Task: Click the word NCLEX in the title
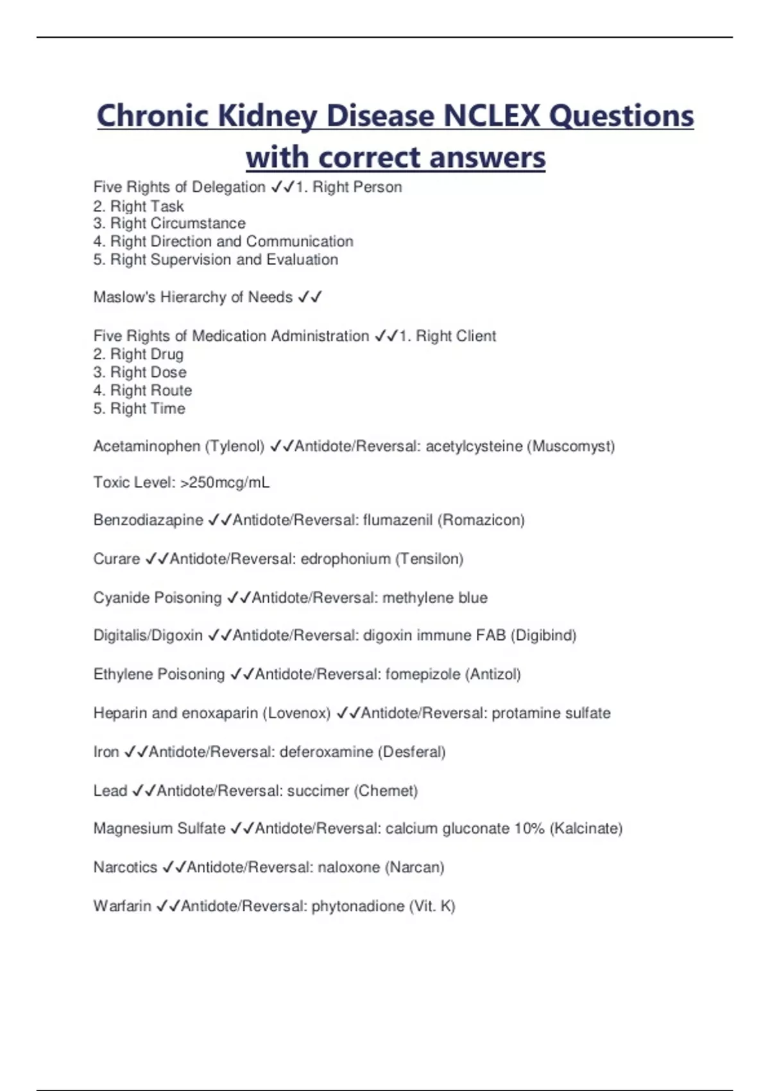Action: click(x=492, y=116)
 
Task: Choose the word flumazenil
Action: click(x=398, y=520)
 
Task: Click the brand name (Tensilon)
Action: click(x=429, y=559)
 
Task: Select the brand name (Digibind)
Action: click(x=543, y=635)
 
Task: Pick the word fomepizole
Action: click(x=423, y=674)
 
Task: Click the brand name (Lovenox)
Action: click(x=296, y=713)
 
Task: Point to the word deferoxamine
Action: click(x=326, y=752)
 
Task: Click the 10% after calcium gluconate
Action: click(x=529, y=829)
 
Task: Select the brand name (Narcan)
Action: click(x=415, y=867)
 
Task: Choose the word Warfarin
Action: click(x=122, y=906)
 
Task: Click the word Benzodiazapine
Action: click(x=148, y=520)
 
